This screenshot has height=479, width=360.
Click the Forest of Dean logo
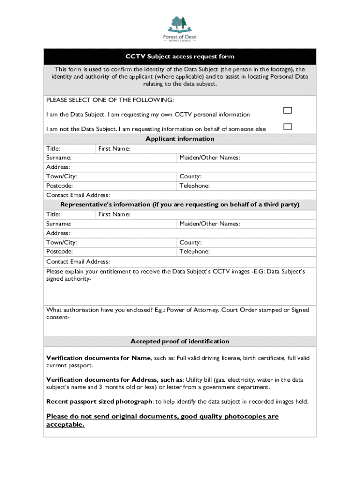(180, 28)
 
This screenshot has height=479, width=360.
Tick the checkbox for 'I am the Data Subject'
(288, 110)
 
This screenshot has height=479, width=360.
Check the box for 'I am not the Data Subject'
(288, 127)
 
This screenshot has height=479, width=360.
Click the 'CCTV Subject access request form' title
(180, 57)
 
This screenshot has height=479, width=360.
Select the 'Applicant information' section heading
(180, 139)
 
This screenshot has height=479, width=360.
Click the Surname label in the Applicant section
(59, 158)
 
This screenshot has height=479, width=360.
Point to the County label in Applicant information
(190, 176)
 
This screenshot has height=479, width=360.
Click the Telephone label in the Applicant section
(194, 186)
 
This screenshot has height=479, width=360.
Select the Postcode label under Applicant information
(59, 186)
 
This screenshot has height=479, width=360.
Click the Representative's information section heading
(180, 205)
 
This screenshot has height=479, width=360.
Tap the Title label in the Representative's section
(53, 214)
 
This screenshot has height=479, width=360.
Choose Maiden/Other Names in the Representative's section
(209, 224)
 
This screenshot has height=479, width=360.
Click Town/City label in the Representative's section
(62, 242)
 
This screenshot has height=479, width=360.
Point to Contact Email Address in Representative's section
(78, 261)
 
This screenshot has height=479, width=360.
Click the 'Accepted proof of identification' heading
(180, 341)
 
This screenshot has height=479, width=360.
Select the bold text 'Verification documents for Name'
(98, 358)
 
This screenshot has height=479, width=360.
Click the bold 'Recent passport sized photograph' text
(99, 401)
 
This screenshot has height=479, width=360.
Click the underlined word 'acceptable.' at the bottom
(65, 425)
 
